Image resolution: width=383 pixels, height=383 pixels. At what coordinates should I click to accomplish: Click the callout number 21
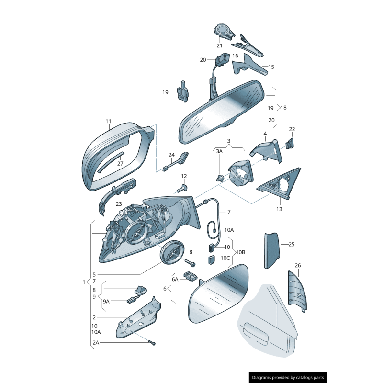tap(219, 45)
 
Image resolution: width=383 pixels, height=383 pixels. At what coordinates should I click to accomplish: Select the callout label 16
tap(235, 56)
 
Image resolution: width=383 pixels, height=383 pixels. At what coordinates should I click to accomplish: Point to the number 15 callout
tap(271, 67)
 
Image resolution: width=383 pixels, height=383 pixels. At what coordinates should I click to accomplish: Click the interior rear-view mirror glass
tap(222, 113)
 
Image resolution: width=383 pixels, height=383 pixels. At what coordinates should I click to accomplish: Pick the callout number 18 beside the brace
tap(283, 108)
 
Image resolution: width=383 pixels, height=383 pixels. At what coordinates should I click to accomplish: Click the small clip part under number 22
tap(290, 143)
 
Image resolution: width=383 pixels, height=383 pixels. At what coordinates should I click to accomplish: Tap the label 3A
tap(219, 151)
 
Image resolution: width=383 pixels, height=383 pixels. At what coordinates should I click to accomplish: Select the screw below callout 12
tap(181, 188)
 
